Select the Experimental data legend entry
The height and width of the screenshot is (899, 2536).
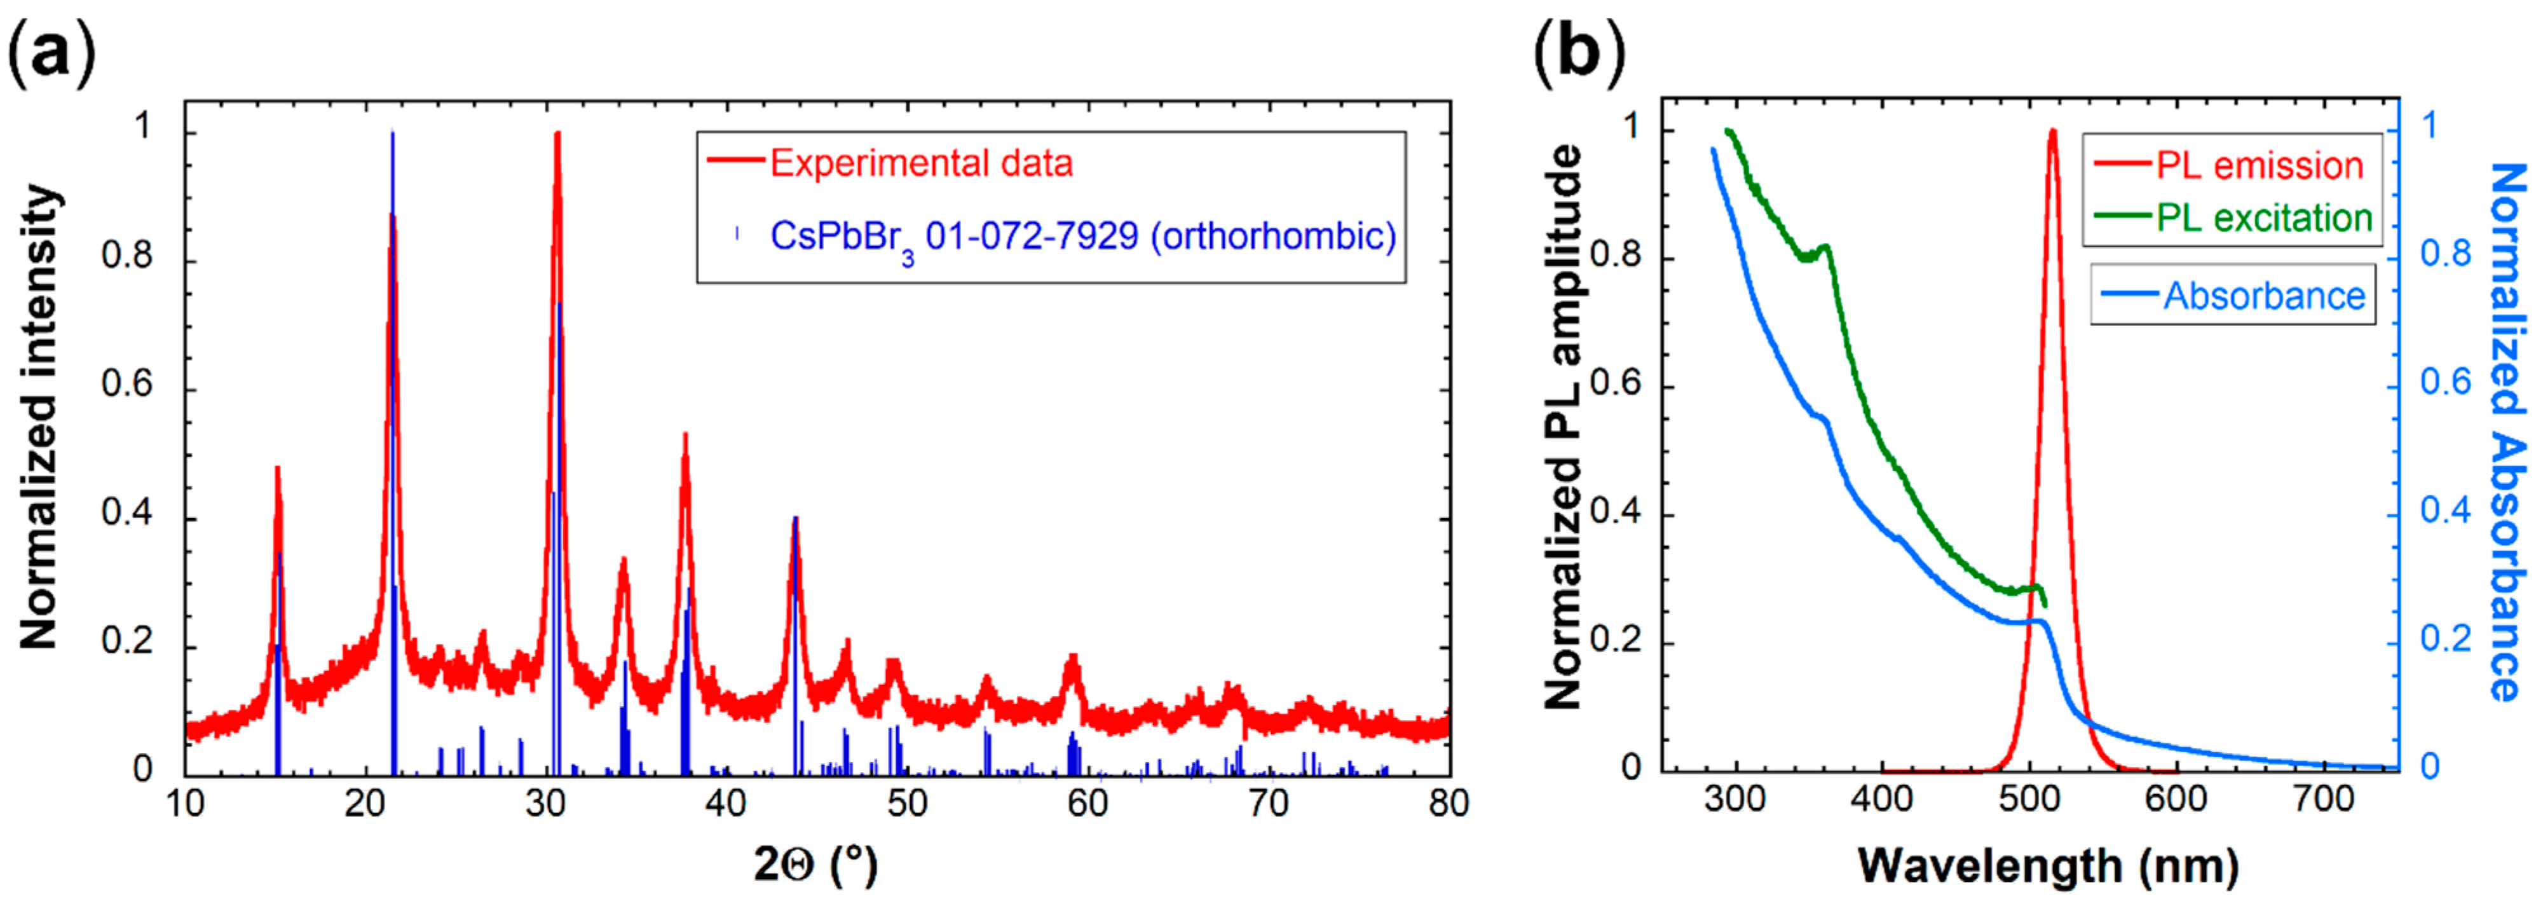pos(920,163)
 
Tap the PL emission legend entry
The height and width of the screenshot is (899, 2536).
pos(2260,165)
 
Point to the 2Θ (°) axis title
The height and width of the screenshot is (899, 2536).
pos(814,865)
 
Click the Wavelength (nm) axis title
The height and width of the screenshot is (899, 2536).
pos(2048,865)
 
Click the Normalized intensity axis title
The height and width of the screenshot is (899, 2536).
pos(39,416)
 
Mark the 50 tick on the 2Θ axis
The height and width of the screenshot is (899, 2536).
pos(907,804)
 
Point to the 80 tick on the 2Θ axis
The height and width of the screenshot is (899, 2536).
pos(1448,804)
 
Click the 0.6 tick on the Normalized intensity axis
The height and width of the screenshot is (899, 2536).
pos(127,384)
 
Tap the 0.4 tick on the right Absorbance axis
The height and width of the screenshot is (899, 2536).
pos(2446,511)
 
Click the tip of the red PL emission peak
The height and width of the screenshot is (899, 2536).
pos(2052,131)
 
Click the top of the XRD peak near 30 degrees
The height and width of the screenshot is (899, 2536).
pos(557,134)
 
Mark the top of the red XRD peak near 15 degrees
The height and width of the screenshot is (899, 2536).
pos(278,469)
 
